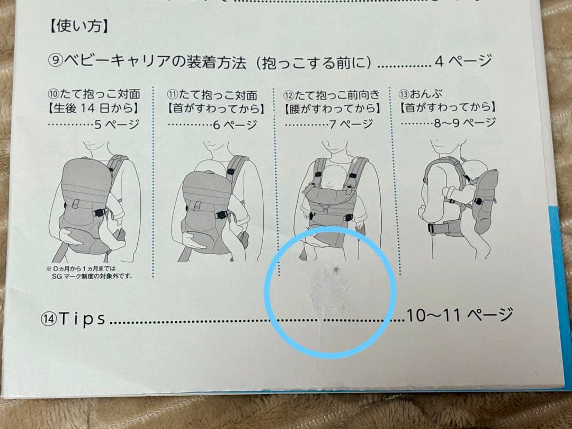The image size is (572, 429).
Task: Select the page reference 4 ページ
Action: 463,61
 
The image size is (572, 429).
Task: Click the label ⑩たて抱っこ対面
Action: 93,94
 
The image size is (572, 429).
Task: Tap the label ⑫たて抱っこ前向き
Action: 332,94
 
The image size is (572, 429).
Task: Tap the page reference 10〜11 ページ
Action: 459,315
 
